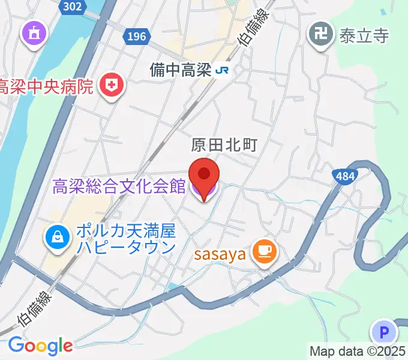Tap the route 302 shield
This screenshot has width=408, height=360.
(73, 7)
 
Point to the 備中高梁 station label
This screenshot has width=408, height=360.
(180, 70)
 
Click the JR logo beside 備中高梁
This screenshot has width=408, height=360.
(223, 70)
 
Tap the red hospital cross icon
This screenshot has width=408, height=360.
(111, 85)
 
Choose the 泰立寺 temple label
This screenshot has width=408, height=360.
(364, 35)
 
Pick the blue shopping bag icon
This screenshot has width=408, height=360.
(57, 238)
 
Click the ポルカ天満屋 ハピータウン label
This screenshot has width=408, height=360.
(125, 239)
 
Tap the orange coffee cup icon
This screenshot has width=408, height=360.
(264, 253)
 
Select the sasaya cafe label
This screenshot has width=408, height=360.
(220, 254)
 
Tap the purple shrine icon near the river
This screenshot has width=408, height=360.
(35, 34)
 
